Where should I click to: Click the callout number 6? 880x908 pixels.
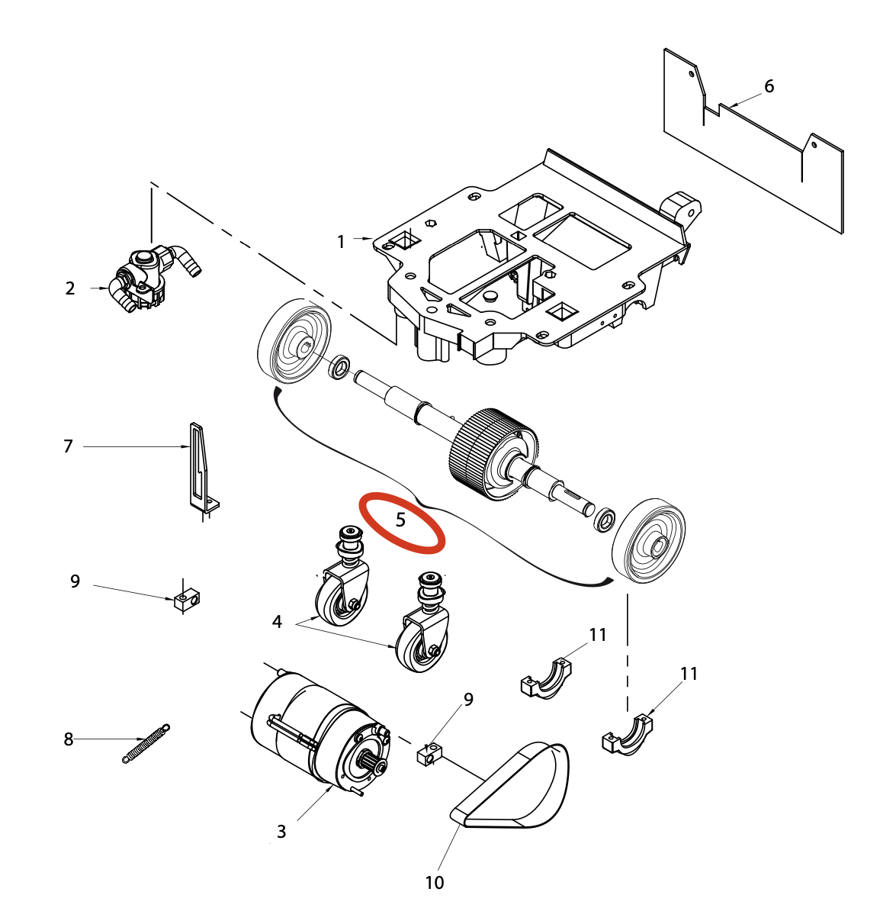click(x=769, y=87)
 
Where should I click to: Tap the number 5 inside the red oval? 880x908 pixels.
click(x=400, y=520)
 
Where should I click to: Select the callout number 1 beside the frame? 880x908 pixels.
click(x=341, y=242)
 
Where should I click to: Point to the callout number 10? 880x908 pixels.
click(x=434, y=883)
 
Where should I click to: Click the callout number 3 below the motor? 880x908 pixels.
click(x=281, y=831)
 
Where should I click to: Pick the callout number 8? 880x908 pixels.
click(x=69, y=739)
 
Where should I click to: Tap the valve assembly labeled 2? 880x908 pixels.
click(x=149, y=276)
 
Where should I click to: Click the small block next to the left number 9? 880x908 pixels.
click(x=187, y=601)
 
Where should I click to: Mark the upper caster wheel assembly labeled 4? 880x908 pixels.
click(x=345, y=580)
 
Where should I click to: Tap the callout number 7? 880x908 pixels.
click(x=68, y=446)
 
